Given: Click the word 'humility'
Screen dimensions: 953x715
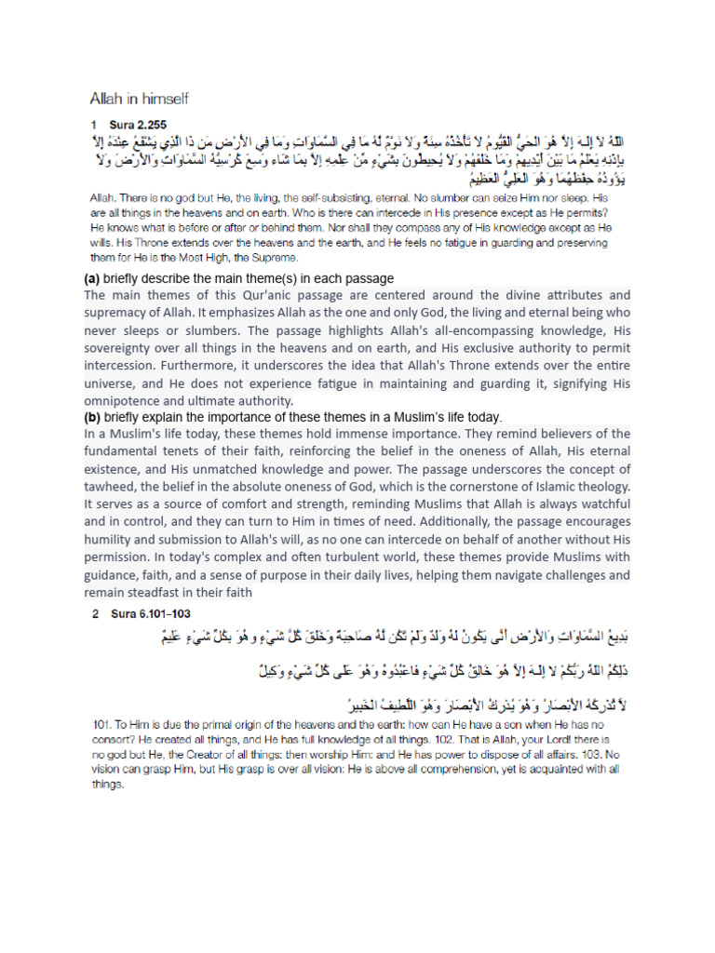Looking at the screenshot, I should (x=113, y=539).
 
